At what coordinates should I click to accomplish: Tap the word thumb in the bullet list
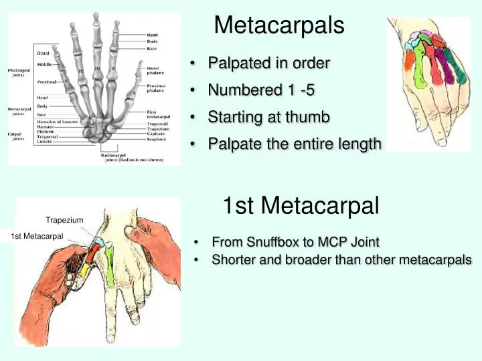coord(309,118)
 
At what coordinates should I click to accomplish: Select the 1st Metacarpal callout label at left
coord(37,236)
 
